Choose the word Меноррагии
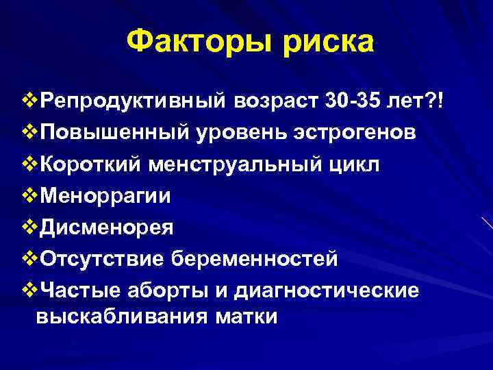tap(106, 196)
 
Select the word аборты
tap(165, 290)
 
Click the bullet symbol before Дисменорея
tap(31, 227)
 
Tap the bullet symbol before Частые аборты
tap(31, 290)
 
